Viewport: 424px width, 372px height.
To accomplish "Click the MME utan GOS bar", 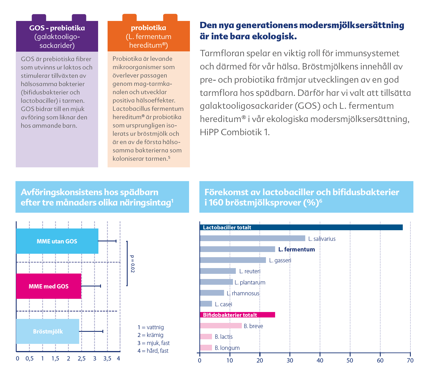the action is click(57, 241).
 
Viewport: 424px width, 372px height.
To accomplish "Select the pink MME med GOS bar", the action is click(48, 286).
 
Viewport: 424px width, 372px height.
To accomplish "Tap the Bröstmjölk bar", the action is click(48, 331).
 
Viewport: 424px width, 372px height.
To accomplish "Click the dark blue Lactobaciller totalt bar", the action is click(301, 227).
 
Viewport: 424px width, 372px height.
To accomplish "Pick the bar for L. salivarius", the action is click(252, 238).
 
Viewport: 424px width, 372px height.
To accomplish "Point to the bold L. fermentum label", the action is click(296, 249).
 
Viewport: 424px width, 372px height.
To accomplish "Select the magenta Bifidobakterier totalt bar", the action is click(237, 315).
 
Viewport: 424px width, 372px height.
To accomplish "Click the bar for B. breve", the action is click(221, 325).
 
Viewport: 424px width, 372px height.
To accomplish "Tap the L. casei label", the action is click(223, 304).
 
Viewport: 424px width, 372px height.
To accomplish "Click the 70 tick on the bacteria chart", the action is click(410, 360).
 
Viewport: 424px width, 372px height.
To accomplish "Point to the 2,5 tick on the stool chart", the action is click(81, 359).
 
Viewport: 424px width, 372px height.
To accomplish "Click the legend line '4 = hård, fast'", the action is click(153, 351).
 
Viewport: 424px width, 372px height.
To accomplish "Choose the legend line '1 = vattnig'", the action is click(151, 327).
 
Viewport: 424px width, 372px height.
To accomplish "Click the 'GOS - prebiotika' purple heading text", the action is click(57, 28).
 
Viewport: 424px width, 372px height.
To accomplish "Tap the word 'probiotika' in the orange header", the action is click(148, 28).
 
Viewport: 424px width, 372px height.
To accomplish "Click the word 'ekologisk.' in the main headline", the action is click(274, 36).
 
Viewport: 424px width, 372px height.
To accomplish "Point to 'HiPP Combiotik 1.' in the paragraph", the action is click(235, 132).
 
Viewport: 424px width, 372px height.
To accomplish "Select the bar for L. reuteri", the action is click(218, 271).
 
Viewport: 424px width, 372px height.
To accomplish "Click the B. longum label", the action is click(227, 348).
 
